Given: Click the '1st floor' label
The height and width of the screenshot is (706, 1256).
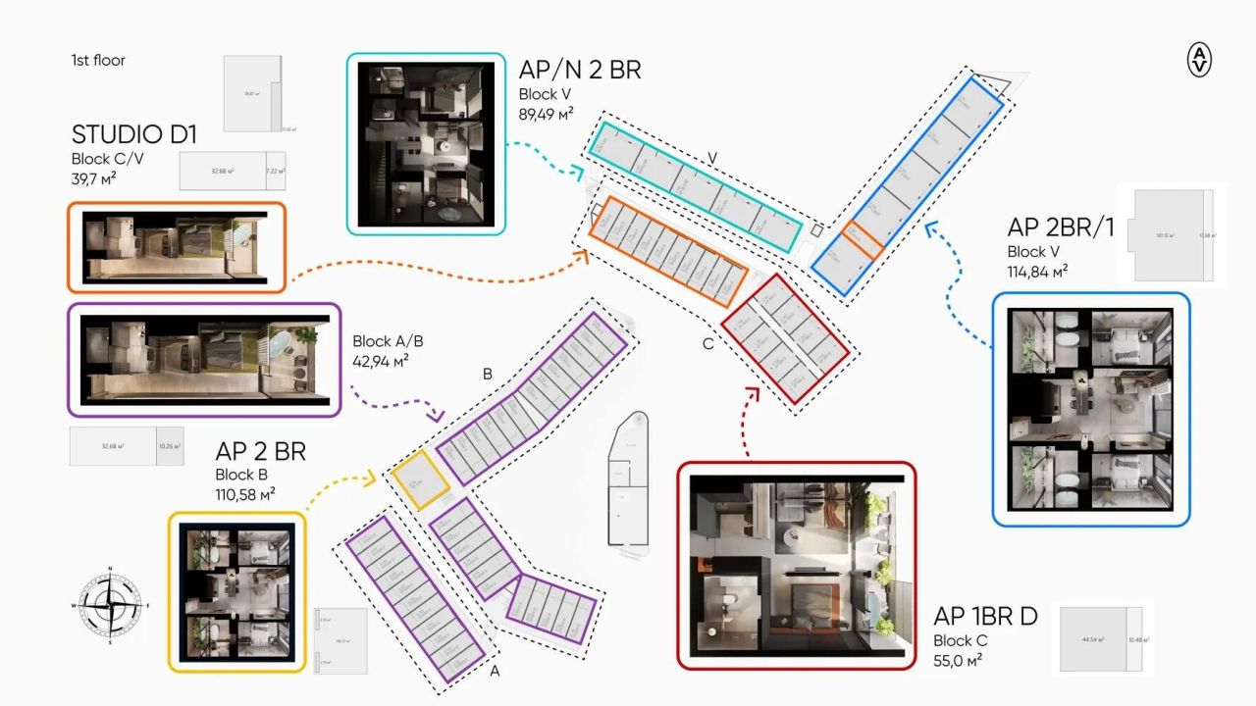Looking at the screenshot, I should point(98,60).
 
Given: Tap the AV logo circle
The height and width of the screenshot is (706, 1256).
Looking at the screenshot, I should point(1199,60).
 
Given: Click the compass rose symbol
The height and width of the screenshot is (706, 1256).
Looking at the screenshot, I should point(110,605).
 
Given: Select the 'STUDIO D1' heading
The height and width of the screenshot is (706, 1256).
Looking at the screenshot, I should point(134,134).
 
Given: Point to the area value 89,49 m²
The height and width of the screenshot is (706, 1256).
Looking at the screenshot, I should point(547,113).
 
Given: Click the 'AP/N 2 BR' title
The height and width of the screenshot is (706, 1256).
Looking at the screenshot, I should point(580,70).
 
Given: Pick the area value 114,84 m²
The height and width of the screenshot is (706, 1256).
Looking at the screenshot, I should point(1038,271).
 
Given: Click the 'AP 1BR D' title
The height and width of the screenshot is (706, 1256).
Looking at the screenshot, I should point(985,617).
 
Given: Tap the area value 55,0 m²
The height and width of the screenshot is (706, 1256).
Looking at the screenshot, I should point(957,660).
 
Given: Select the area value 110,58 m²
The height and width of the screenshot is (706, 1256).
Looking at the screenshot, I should point(245,493).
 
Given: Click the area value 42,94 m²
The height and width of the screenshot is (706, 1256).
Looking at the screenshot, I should point(381,360).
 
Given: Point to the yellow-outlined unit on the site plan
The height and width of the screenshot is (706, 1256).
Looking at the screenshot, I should point(420,480).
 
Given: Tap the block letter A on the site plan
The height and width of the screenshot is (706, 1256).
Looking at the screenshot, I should point(495,672).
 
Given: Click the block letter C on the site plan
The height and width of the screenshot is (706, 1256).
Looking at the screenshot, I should point(707,344).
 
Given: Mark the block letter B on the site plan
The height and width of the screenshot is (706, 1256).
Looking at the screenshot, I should point(487,374).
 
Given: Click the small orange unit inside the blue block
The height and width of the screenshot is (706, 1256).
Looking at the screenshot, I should point(863,241).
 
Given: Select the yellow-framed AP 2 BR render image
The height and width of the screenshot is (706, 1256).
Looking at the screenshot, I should point(236,591).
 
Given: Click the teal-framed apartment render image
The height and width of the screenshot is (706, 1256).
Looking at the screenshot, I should point(426,144).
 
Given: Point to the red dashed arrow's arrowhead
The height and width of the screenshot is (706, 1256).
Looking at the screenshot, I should point(753,392).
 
